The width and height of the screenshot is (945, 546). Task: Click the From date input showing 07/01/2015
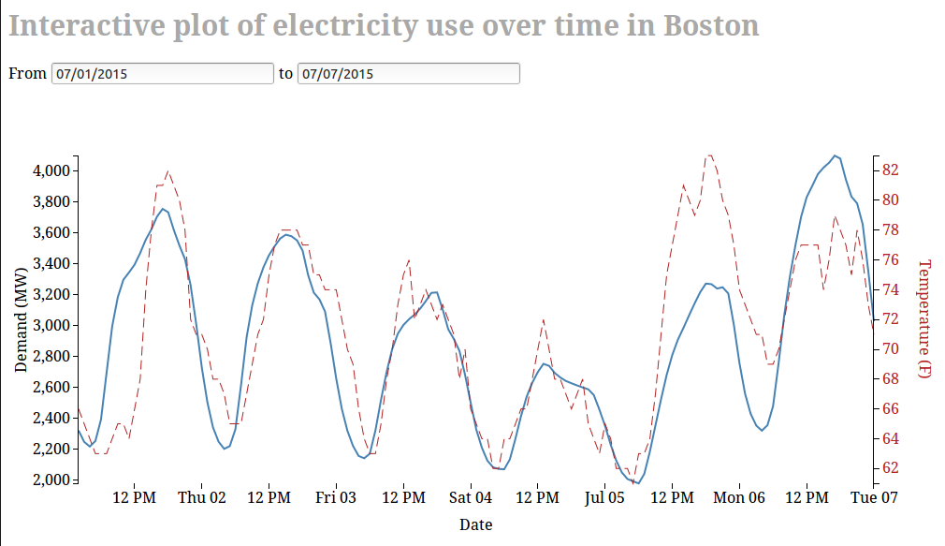click(x=162, y=73)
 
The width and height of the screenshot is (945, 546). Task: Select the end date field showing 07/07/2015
click(x=408, y=73)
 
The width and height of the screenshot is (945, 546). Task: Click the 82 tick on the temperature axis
click(x=889, y=170)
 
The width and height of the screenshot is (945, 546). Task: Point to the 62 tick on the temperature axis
click(x=889, y=467)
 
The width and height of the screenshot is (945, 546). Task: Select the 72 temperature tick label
click(x=889, y=318)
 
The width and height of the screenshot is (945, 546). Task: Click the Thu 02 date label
click(x=202, y=497)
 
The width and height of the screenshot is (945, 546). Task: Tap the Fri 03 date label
click(x=336, y=497)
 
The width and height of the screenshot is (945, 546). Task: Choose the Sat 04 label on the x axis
click(x=470, y=497)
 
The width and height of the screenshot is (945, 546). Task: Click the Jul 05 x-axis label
click(x=604, y=497)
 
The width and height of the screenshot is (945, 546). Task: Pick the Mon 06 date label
click(x=739, y=497)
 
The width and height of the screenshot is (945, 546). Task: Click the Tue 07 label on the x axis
click(x=874, y=497)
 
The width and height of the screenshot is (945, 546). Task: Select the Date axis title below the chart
click(x=475, y=524)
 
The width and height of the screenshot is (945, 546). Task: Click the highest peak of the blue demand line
click(x=835, y=155)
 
